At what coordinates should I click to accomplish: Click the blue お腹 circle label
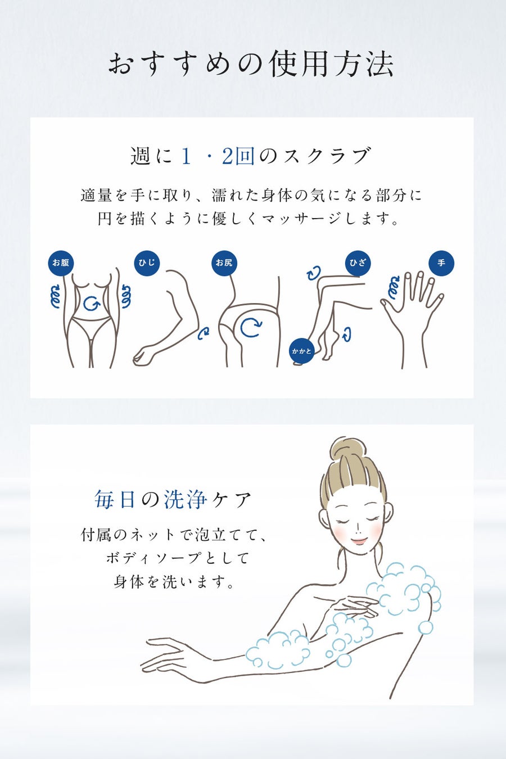[x=61, y=263]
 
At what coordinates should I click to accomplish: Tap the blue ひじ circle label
[x=147, y=263]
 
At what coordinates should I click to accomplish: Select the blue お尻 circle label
[x=224, y=263]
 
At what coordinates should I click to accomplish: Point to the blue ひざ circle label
[x=358, y=263]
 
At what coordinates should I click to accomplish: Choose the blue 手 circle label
[x=441, y=263]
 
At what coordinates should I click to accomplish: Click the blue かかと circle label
[x=302, y=351]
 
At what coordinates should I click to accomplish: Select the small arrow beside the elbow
[x=204, y=333]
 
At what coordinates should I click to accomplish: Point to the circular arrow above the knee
[x=314, y=273]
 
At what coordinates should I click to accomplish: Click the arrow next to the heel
[x=347, y=335]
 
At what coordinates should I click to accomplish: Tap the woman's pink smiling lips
[x=359, y=540]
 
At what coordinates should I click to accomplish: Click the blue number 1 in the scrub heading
[x=186, y=156]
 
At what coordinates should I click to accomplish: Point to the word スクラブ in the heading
[x=327, y=156]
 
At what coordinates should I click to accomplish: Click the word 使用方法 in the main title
[x=332, y=64]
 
